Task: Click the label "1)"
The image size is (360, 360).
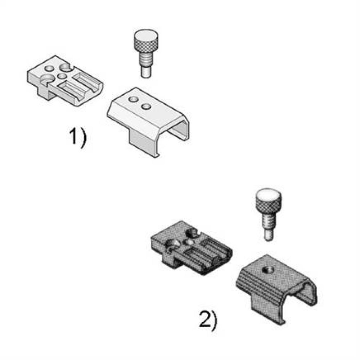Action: tap(78, 137)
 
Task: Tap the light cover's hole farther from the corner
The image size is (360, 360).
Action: tap(146, 106)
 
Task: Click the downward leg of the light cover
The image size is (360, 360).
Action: tap(142, 142)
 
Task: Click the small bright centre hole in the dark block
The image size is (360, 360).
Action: tap(188, 242)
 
